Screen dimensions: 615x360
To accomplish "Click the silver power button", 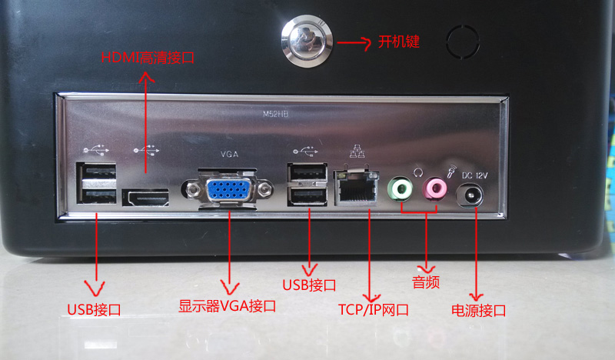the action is click(307, 42).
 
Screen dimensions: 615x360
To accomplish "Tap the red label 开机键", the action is click(398, 42).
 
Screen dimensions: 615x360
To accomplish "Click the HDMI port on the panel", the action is click(145, 198).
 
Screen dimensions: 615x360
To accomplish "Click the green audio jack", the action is click(401, 189).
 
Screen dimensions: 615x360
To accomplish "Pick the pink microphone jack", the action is click(434, 188).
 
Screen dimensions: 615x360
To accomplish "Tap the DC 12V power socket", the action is click(470, 195).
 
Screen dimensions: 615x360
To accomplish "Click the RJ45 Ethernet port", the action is click(356, 188).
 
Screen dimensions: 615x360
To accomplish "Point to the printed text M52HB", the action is click(275, 115).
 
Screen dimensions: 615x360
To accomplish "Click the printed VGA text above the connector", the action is click(229, 155).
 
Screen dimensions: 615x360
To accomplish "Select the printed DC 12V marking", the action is click(474, 175).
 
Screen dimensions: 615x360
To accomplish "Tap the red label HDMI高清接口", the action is click(148, 58).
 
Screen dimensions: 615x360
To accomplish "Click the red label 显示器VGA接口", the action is click(227, 306).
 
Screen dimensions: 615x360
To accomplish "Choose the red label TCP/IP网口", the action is click(374, 310).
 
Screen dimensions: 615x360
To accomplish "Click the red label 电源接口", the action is click(478, 311).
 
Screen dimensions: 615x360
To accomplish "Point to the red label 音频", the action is click(426, 282).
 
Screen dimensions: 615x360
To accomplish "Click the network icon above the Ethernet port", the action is click(357, 152).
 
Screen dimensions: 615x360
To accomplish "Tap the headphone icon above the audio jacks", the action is click(418, 172).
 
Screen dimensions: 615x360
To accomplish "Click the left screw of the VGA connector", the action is click(192, 190).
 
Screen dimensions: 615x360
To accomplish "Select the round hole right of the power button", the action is click(463, 42).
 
